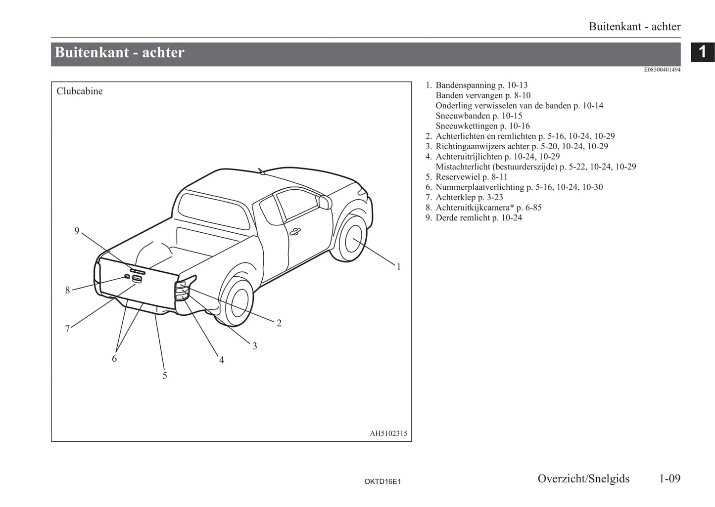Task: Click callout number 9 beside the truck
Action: coord(77,231)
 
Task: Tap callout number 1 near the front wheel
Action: coord(399,267)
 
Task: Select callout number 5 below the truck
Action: coord(165,376)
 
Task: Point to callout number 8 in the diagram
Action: coord(68,290)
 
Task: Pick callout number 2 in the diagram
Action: coord(279,323)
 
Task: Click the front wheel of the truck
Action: coord(352,239)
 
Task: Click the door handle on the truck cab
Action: coord(295,231)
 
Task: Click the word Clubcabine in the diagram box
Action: coord(80,91)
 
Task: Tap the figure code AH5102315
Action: coord(388,433)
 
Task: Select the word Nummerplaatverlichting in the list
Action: coord(479,187)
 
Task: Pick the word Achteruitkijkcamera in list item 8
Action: coord(474,208)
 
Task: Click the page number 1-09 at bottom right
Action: coord(669,478)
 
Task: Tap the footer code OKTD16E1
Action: coord(382,481)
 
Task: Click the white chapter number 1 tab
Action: coord(702,52)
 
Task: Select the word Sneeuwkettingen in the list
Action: coord(467,126)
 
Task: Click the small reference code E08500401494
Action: coord(662,70)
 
